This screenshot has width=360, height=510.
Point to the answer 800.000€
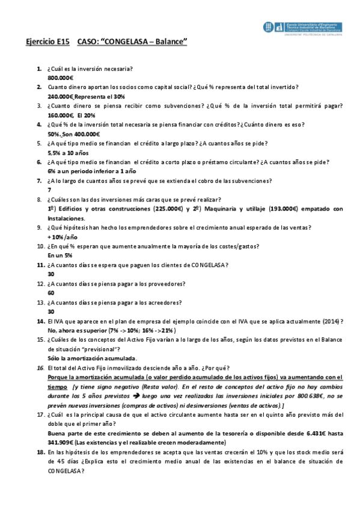point(60,78)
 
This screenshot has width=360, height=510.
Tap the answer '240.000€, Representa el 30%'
point(86,96)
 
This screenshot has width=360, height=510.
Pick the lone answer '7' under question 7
point(49,190)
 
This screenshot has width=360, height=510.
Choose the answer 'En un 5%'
point(59,256)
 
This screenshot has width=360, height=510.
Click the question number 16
point(40,368)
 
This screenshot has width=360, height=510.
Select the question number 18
point(40,453)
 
